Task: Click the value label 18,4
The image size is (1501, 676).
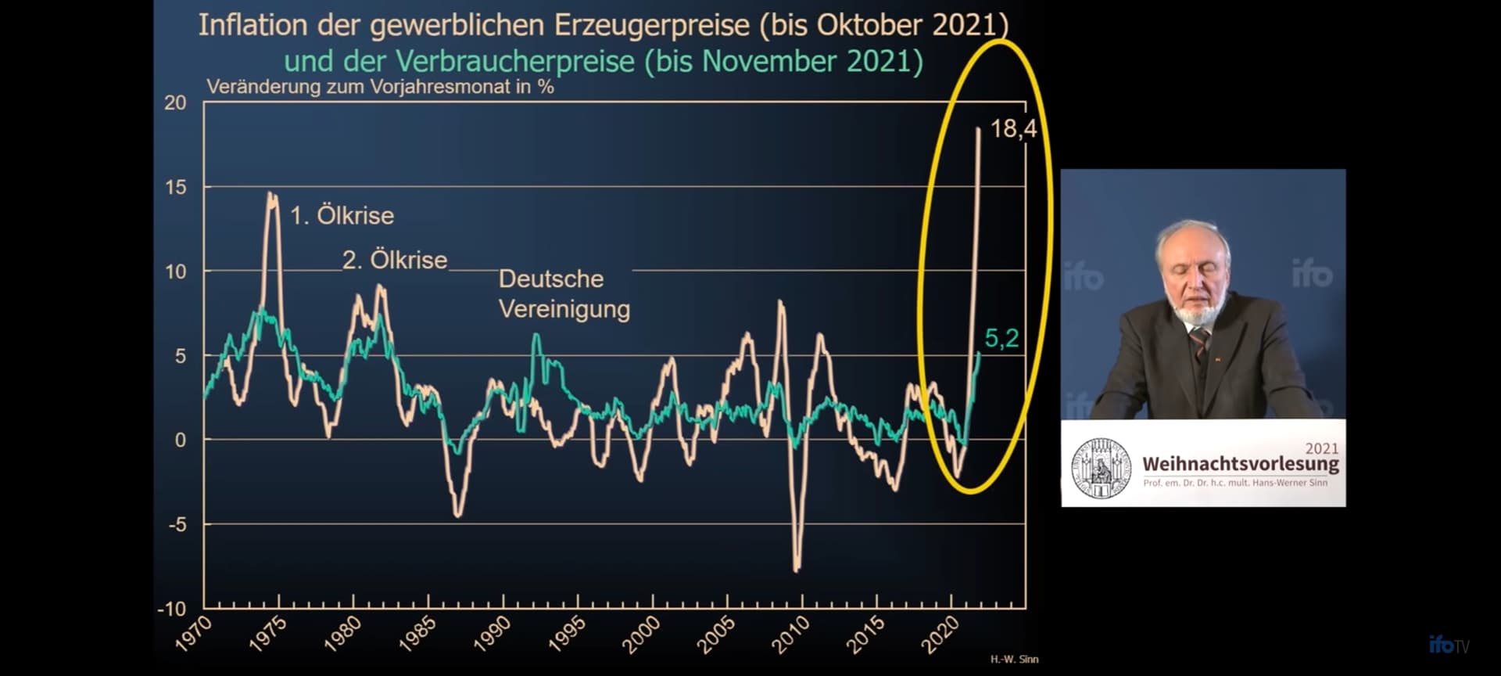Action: coord(1013,128)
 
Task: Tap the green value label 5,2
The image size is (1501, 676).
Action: coord(1001,338)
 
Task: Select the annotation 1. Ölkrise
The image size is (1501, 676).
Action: coord(342,215)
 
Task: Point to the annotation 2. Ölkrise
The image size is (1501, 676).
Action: coord(395,260)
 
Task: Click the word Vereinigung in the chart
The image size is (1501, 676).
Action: coord(564,310)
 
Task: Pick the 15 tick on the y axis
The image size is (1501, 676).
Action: coord(176,187)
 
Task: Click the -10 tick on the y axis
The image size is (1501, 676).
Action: coord(172,609)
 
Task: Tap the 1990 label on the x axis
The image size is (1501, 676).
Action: coord(492,634)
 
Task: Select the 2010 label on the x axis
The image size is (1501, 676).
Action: coord(790,634)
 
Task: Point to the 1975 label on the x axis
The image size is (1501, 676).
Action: coord(267,634)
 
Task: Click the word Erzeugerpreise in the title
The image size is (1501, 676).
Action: coord(653,26)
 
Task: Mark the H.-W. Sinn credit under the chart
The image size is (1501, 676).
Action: coord(1014,660)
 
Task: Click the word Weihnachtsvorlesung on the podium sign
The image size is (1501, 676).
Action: coord(1241,464)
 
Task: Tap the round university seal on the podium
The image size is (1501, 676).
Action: coord(1101,468)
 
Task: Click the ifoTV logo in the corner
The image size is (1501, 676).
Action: coord(1449,645)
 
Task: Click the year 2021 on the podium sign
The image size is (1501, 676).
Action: coord(1322,448)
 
